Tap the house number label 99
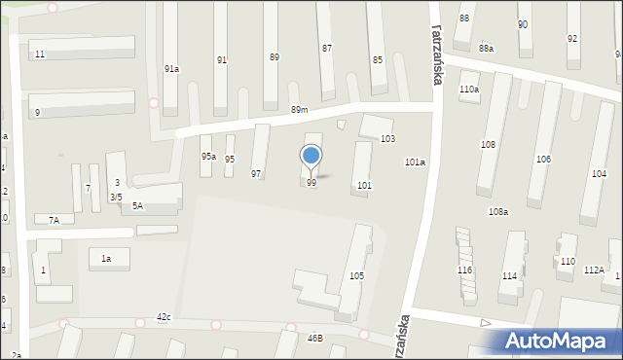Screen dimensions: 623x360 [311, 183]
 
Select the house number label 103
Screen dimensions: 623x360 [387, 139]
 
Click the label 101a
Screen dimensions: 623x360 [415, 162]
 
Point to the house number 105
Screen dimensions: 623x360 [357, 276]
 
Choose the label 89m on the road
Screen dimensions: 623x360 [299, 111]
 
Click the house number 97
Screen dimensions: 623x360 [256, 174]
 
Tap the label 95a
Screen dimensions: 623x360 [208, 157]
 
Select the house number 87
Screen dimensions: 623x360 [327, 48]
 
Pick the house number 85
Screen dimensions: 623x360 [378, 60]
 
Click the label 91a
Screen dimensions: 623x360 [171, 69]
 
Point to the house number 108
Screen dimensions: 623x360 [488, 144]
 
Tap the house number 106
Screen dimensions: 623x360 [543, 159]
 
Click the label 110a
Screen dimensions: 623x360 [469, 90]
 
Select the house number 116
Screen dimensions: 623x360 [465, 270]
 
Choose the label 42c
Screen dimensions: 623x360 [164, 317]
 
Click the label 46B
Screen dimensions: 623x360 [314, 339]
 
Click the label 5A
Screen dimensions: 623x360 [138, 205]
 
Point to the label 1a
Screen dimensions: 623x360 [106, 258]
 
